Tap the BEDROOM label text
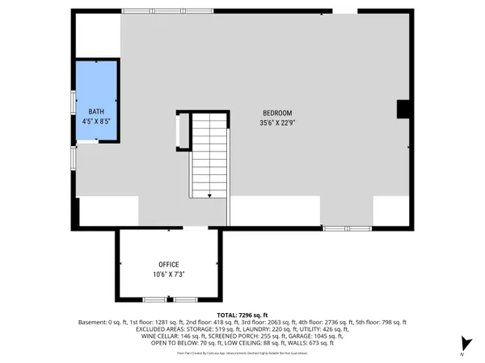tap(276, 112)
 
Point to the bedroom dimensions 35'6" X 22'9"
tap(276, 123)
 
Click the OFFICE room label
tap(168, 264)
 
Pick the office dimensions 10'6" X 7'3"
tap(168, 274)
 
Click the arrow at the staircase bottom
tap(209, 194)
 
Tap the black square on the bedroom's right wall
tap(403, 110)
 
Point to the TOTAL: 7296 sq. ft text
tap(242, 314)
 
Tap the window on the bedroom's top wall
tap(167, 11)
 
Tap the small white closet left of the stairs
tap(182, 131)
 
